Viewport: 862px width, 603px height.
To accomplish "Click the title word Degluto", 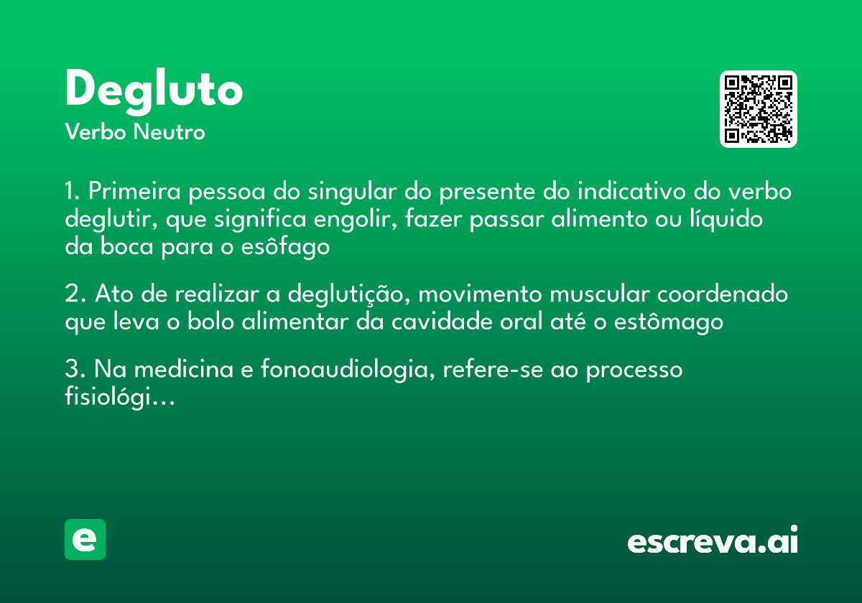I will [154, 90].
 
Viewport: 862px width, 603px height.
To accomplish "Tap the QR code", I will [758, 109].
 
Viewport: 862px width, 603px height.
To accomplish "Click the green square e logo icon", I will [85, 539].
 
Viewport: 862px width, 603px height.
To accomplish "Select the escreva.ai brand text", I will [712, 541].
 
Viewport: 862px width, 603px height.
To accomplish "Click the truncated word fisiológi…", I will [120, 397].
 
